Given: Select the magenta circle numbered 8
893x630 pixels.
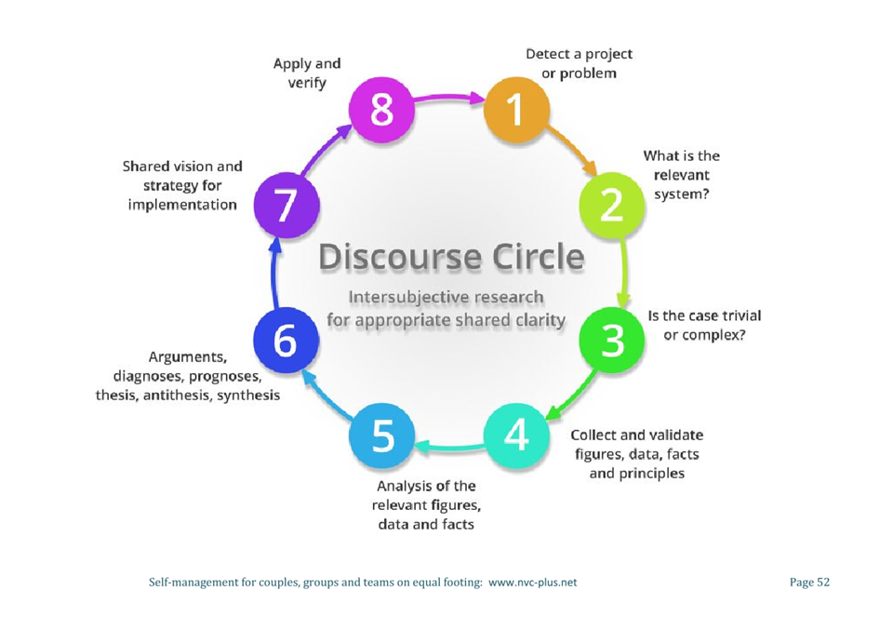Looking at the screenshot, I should [380, 110].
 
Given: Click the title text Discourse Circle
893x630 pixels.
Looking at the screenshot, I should [452, 256].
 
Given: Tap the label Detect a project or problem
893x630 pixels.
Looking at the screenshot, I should [579, 63].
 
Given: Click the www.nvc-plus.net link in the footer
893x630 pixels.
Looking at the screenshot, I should [533, 583].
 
